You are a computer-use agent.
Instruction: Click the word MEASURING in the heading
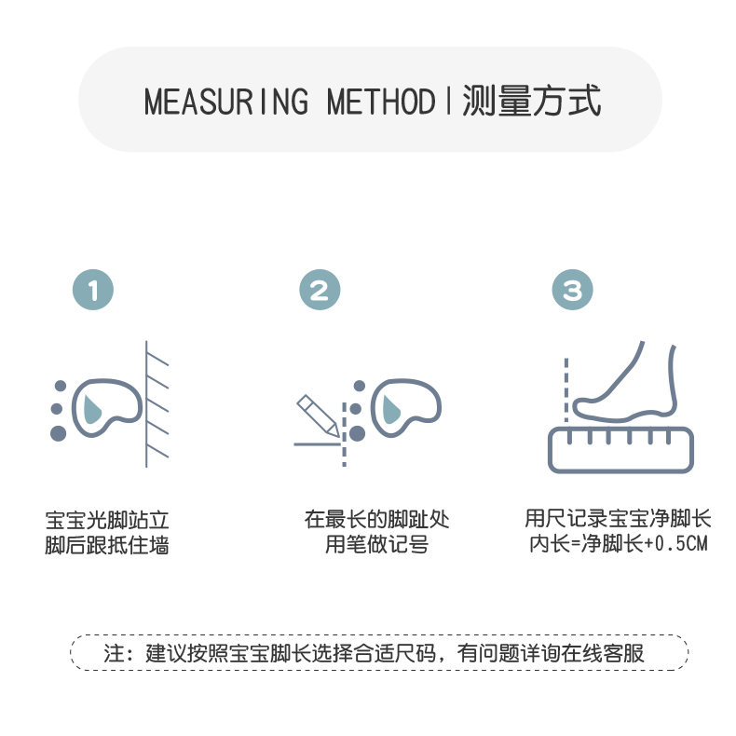(x=225, y=101)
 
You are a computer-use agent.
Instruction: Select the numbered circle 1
(x=93, y=291)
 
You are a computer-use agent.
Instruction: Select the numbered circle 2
(x=320, y=291)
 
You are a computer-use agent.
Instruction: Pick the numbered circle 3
(x=572, y=291)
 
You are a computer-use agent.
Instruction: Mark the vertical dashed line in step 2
(x=344, y=433)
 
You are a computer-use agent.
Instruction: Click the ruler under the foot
(x=620, y=448)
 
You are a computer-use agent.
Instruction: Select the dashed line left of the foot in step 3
(x=565, y=391)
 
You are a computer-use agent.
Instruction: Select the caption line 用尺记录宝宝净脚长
(x=618, y=519)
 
